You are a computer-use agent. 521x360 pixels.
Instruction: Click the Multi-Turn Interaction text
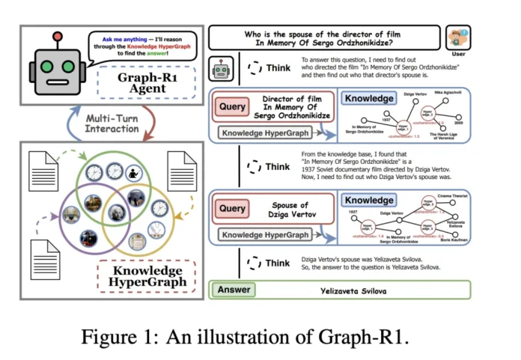(112, 123)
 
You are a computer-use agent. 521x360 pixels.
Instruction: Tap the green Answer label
(234, 290)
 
